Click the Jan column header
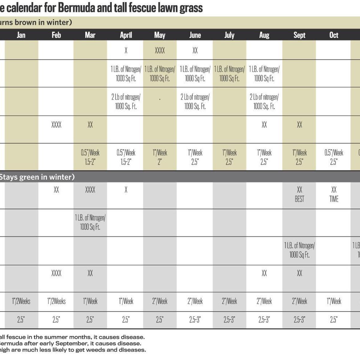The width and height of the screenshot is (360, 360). point(21,35)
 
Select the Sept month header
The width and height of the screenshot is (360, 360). point(299,35)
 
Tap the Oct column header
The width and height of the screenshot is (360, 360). point(334,35)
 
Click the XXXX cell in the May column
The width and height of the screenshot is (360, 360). point(160,50)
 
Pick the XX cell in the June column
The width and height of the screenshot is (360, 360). point(195,50)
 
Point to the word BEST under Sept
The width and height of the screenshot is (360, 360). point(299,199)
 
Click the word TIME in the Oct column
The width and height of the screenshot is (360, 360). point(334,199)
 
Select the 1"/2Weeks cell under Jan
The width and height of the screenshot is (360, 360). point(21,301)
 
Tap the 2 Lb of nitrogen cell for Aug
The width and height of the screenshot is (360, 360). point(264,102)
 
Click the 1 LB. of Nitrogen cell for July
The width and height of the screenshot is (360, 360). point(229,74)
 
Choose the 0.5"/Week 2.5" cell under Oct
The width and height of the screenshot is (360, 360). point(334,157)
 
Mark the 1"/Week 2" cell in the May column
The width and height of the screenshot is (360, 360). point(160,157)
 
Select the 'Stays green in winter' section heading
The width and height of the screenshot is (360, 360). point(37,177)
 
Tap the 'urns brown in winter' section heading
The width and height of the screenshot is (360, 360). point(36,22)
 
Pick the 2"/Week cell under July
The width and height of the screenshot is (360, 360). point(229,301)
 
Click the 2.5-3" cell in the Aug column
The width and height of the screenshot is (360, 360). point(264,320)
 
